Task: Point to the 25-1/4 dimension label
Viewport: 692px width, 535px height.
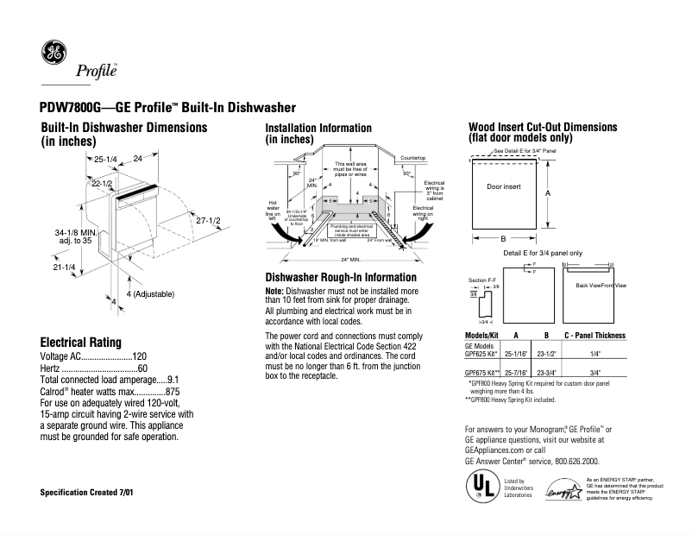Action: (105, 160)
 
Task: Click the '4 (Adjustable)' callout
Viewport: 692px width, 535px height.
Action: (150, 294)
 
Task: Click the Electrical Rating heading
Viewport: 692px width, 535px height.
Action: (81, 342)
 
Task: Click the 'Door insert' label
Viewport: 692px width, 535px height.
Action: (504, 186)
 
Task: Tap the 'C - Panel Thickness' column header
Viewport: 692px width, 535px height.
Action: (594, 335)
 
